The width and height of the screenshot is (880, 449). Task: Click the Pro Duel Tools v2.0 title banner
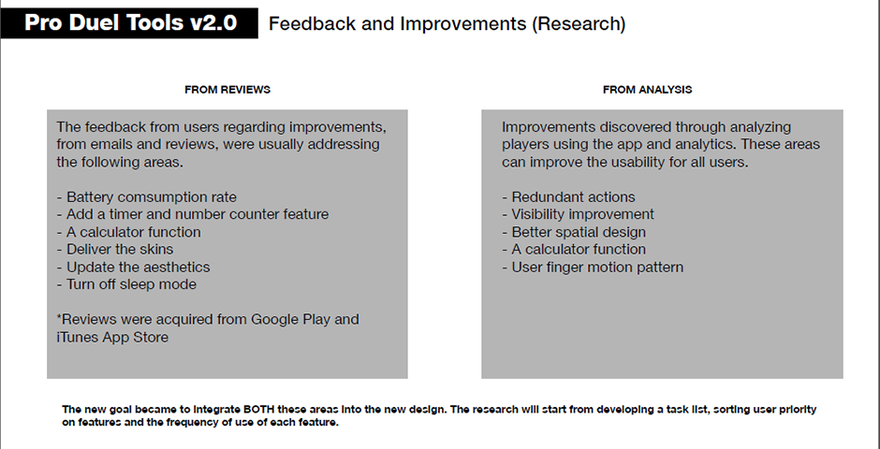coord(129,23)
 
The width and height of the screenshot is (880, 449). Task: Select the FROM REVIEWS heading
coord(227,90)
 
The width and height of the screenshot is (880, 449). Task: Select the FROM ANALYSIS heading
coord(647,90)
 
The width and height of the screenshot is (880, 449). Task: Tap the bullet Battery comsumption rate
coord(146,197)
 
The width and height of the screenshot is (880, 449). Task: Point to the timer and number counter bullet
coord(193,214)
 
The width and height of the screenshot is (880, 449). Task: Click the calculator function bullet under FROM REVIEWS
coord(128,232)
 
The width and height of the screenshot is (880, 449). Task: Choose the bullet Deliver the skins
coord(115,250)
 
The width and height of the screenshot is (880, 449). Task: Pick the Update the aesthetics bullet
coord(134,267)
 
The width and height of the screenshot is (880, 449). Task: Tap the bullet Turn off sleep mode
coord(126,284)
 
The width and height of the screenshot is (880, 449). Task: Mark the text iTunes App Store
coord(112,338)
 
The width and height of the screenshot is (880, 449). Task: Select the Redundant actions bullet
coord(568,197)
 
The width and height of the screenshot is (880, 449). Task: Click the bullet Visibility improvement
coord(578,214)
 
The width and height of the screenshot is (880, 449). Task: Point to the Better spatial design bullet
coord(574,232)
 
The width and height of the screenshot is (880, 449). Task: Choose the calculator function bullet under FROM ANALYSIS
coord(574,250)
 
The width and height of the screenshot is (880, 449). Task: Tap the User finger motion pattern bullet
coord(593,267)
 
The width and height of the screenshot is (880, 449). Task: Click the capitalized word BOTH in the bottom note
coord(257,409)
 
